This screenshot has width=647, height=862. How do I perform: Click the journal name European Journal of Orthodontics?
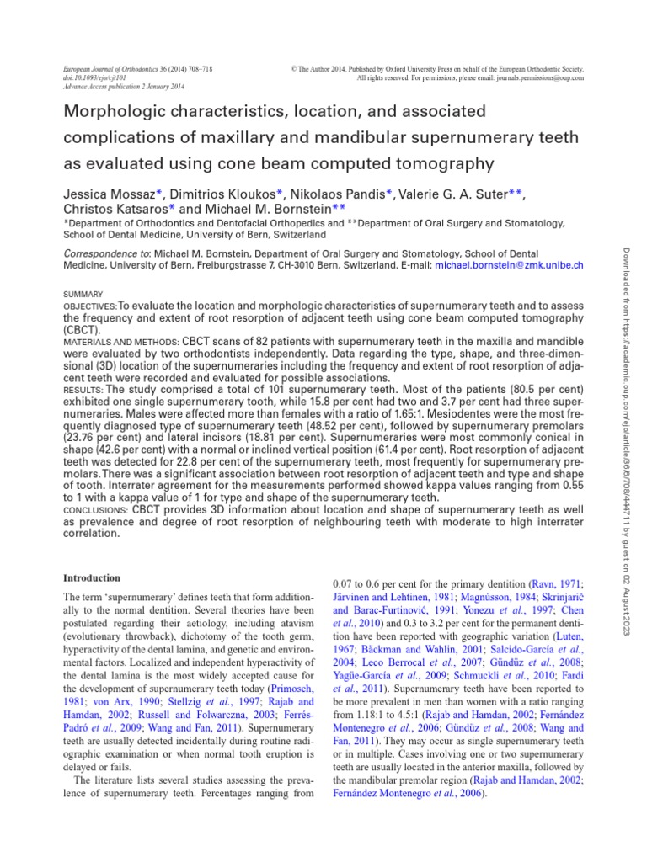coord(110,67)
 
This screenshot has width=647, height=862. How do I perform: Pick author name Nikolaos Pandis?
coord(337,194)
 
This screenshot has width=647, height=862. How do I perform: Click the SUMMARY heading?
coord(83,294)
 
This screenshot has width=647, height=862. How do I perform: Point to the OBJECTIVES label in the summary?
coord(90,306)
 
